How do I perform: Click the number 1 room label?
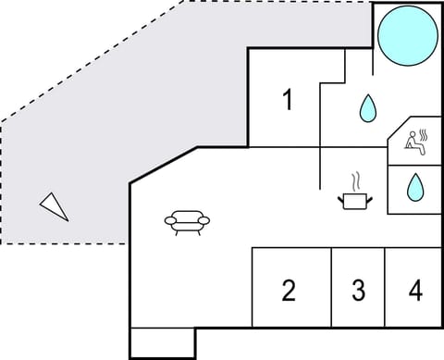pos(289,99)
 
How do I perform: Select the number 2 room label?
pos(289,292)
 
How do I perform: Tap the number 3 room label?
pos(358,292)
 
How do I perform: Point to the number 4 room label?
pos(415,292)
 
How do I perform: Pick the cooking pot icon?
pos(355,199)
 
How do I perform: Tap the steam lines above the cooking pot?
pos(355,179)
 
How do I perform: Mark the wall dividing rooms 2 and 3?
pos(331,288)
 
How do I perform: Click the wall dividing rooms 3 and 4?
pos(385,288)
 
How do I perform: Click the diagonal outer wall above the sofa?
pos(163,164)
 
